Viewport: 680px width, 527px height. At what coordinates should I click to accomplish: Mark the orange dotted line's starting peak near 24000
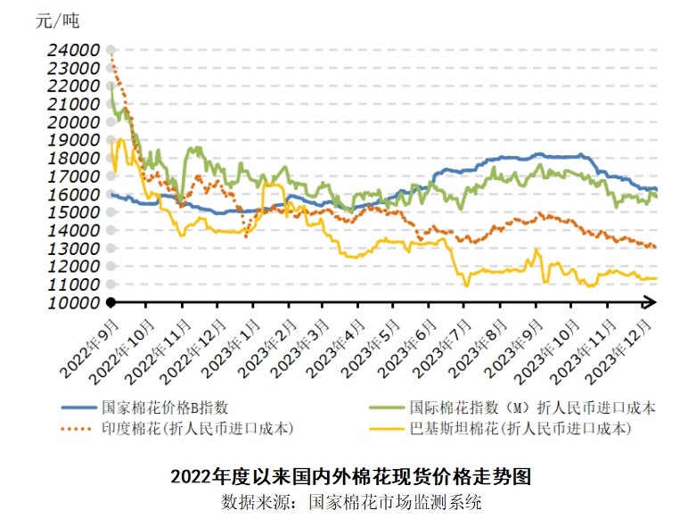pyautogui.click(x=111, y=55)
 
